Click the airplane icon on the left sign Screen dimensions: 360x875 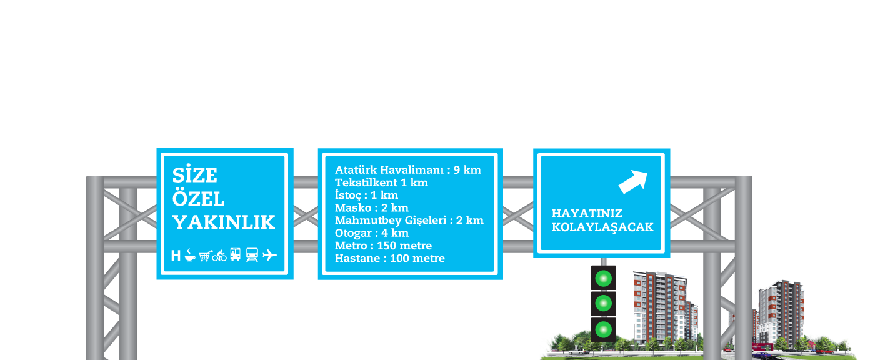(x=270, y=255)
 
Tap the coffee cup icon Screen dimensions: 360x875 (x=189, y=255)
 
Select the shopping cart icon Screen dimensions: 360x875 (x=204, y=256)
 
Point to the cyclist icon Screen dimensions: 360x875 (x=219, y=255)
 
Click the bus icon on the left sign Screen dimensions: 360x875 (x=236, y=255)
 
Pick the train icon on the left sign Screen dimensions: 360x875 (x=252, y=255)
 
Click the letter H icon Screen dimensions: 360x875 (x=176, y=256)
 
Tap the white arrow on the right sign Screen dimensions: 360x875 (x=632, y=181)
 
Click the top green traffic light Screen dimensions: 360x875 (x=603, y=278)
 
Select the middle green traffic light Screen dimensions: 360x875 (x=603, y=304)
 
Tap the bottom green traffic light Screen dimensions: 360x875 (x=603, y=329)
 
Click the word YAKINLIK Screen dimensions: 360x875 (x=224, y=222)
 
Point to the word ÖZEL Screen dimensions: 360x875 (x=198, y=199)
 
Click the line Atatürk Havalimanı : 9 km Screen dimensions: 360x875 (x=407, y=169)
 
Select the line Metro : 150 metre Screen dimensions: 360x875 (x=383, y=246)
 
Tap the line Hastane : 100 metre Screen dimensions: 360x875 (x=390, y=258)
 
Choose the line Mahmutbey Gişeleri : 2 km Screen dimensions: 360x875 (x=409, y=220)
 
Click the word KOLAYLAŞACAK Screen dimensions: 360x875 (x=602, y=227)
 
